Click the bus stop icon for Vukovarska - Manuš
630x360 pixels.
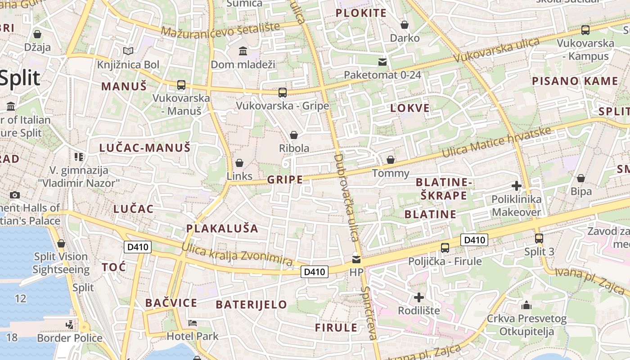[181, 85]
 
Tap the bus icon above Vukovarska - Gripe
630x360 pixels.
[282, 93]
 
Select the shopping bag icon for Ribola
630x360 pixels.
[294, 135]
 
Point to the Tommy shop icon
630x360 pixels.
[391, 160]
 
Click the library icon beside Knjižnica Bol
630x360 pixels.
[128, 51]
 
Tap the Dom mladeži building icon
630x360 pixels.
[243, 51]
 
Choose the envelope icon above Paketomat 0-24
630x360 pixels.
[382, 62]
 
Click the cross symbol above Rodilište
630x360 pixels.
[419, 297]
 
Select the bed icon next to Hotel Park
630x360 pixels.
[193, 323]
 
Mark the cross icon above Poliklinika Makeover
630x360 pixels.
[517, 185]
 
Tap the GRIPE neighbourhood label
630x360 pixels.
[285, 180]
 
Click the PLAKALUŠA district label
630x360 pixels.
[222, 229]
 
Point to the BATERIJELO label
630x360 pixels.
[251, 305]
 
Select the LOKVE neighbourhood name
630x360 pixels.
[410, 108]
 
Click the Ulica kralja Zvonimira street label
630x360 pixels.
[237, 254]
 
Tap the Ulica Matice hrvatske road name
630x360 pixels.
[496, 143]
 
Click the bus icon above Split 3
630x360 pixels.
[539, 238]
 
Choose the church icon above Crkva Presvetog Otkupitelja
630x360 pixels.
[526, 306]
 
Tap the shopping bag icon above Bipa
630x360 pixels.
[580, 178]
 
